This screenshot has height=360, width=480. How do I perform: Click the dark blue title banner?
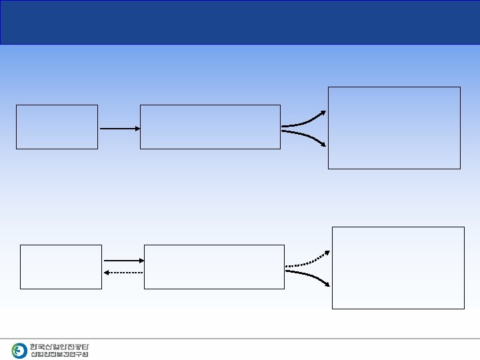[240, 22]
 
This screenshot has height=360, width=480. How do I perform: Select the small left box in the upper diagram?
[57, 127]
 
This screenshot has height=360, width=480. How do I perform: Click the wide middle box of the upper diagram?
[210, 127]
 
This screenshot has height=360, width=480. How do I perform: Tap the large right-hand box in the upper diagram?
[394, 127]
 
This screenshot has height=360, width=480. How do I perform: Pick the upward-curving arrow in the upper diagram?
[303, 120]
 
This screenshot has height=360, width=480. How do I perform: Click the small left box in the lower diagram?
[61, 267]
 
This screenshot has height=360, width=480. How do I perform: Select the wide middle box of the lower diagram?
[214, 267]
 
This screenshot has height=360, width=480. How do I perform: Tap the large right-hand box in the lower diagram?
[398, 267]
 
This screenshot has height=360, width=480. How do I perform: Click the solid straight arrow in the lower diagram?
[123, 261]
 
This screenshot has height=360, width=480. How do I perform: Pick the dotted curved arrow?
[307, 261]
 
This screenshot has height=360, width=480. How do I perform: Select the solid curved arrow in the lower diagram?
[307, 276]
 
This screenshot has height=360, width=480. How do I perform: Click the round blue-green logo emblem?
[19, 351]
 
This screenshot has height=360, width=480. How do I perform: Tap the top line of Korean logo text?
[59, 347]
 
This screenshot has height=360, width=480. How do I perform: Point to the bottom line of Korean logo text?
[59, 354]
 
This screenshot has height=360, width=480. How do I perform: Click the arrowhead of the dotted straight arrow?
[107, 273]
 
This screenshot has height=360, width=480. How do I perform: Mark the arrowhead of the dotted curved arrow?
[327, 253]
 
